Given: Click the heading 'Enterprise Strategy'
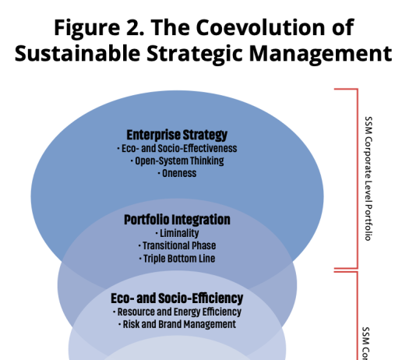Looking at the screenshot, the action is coord(177,135).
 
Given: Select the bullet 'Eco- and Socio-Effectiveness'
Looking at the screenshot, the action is coord(177,148).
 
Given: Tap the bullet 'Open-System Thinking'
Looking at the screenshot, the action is coord(177,161).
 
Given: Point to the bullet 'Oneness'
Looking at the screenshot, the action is coord(177,173).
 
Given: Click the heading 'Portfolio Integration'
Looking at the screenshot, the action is coord(177,220).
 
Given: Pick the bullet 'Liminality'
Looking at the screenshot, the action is coord(177,233).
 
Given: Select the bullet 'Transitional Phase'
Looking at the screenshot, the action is coord(177,245).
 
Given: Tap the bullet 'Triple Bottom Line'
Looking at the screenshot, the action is coord(177,259).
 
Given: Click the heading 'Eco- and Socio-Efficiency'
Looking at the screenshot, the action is coord(177,298).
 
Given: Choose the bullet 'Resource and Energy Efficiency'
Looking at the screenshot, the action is coord(177,312).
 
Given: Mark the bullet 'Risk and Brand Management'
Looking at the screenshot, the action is coord(177,324).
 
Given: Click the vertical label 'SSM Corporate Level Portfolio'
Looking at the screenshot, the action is coord(368,178).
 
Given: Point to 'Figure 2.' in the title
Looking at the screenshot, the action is coord(99,28).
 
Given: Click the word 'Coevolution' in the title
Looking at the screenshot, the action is coord(260,27).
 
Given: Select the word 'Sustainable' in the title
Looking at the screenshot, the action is coord(77,53).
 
